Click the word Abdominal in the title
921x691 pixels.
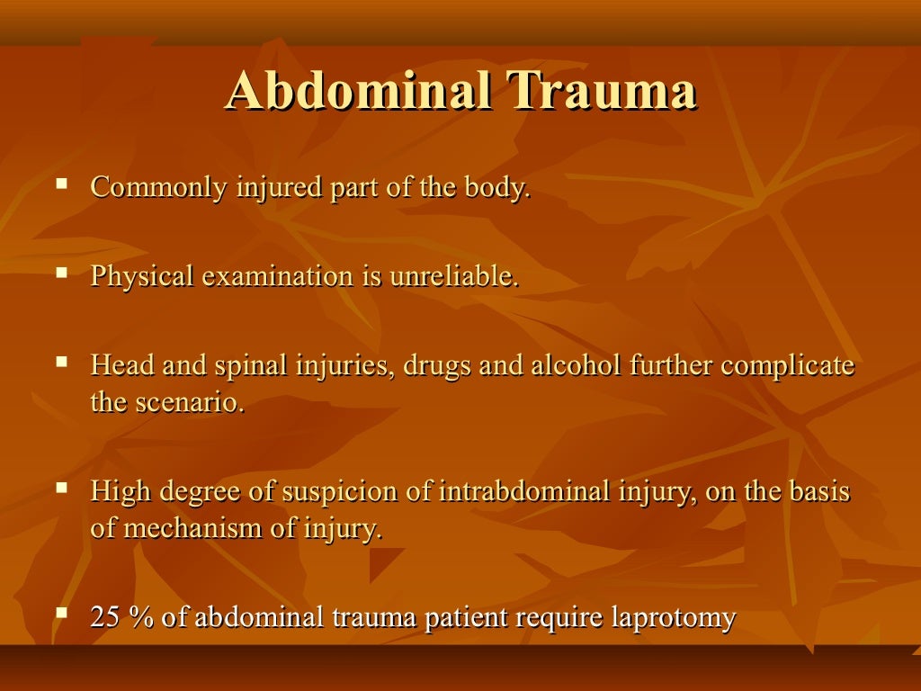[x=357, y=93]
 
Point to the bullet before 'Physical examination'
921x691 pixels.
[x=61, y=271]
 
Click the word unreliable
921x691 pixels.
[x=454, y=276]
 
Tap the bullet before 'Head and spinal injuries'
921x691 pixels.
[x=61, y=361]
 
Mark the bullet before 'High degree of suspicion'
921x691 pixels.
[x=61, y=487]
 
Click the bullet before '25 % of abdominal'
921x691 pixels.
[x=61, y=613]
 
